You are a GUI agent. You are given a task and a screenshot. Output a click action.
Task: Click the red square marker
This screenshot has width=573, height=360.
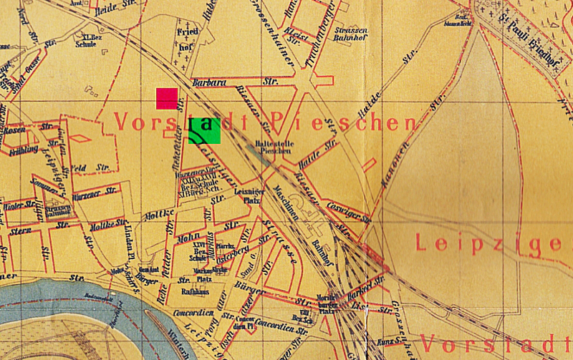pos(167,99)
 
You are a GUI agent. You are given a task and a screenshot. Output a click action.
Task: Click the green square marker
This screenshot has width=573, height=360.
pos(203,130)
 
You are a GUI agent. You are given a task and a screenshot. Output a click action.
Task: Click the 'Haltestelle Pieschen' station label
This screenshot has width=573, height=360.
pos(274,147)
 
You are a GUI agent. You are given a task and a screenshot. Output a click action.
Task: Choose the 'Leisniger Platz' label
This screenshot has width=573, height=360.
pos(247,197)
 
